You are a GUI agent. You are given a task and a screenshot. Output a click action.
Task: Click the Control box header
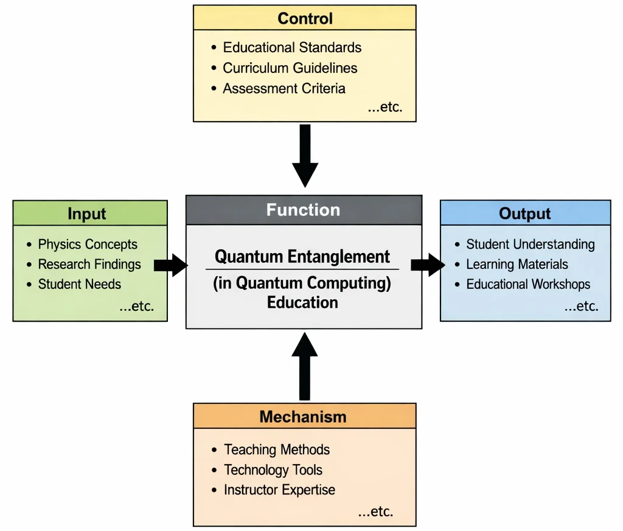(304, 18)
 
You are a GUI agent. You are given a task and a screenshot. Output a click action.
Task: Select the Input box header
(90, 213)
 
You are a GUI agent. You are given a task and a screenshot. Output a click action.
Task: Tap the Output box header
(524, 213)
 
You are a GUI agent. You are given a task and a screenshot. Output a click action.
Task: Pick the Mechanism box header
(304, 417)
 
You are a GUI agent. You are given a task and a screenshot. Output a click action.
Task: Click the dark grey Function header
(303, 210)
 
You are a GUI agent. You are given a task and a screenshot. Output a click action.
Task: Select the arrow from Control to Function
(305, 155)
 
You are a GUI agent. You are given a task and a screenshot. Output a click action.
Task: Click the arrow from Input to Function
(171, 265)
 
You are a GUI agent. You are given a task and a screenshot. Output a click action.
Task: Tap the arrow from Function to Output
(428, 265)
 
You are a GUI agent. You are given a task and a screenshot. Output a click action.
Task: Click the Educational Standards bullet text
(292, 47)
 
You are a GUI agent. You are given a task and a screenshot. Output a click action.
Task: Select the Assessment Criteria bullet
(284, 88)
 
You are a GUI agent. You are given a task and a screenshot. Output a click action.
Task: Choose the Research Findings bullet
(89, 264)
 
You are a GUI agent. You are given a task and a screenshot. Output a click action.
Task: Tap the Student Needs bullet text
(79, 284)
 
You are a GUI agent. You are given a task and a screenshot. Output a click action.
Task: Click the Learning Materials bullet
(517, 264)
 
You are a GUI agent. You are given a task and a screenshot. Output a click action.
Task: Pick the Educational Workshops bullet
(527, 284)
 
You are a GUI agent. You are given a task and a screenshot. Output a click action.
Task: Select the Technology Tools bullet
(273, 470)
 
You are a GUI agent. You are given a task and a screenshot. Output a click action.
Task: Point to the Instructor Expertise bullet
(279, 490)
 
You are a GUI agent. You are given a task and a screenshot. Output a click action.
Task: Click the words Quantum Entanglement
(302, 257)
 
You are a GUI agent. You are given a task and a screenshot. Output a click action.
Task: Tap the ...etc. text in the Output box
(581, 306)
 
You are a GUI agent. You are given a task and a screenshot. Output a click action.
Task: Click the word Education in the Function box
(302, 302)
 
